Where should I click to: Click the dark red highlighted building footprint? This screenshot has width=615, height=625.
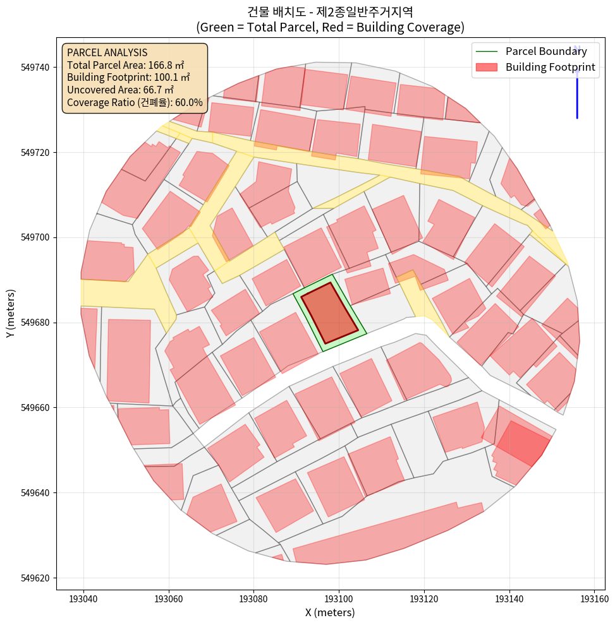click(329, 312)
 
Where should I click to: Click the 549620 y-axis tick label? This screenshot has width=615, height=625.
click(37, 578)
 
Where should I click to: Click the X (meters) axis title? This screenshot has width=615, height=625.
click(330, 612)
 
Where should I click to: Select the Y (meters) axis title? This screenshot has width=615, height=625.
click(11, 313)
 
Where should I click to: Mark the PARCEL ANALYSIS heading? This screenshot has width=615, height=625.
click(107, 52)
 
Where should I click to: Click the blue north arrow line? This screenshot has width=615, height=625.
click(577, 88)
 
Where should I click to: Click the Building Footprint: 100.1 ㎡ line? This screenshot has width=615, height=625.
click(128, 77)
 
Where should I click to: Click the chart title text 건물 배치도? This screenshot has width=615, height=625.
click(271, 11)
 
